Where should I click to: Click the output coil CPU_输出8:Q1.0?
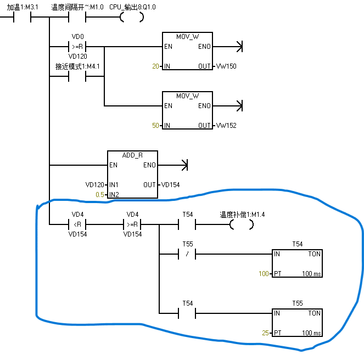click(132, 17)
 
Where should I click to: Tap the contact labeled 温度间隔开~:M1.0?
click(77, 17)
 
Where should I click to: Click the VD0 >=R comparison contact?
click(77, 47)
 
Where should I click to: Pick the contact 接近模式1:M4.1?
click(77, 76)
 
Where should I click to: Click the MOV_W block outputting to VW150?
click(187, 51)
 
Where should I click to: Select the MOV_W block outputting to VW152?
click(187, 110)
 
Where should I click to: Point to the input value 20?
click(155, 66)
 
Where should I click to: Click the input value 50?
click(155, 126)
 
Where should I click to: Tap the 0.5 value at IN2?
click(99, 195)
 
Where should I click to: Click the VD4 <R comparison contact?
click(77, 224)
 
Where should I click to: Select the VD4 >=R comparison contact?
click(132, 224)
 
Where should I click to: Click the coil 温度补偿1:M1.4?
click(242, 224)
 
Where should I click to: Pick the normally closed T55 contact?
click(187, 254)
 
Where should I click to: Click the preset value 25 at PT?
click(266, 333)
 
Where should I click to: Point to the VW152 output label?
click(226, 126)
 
